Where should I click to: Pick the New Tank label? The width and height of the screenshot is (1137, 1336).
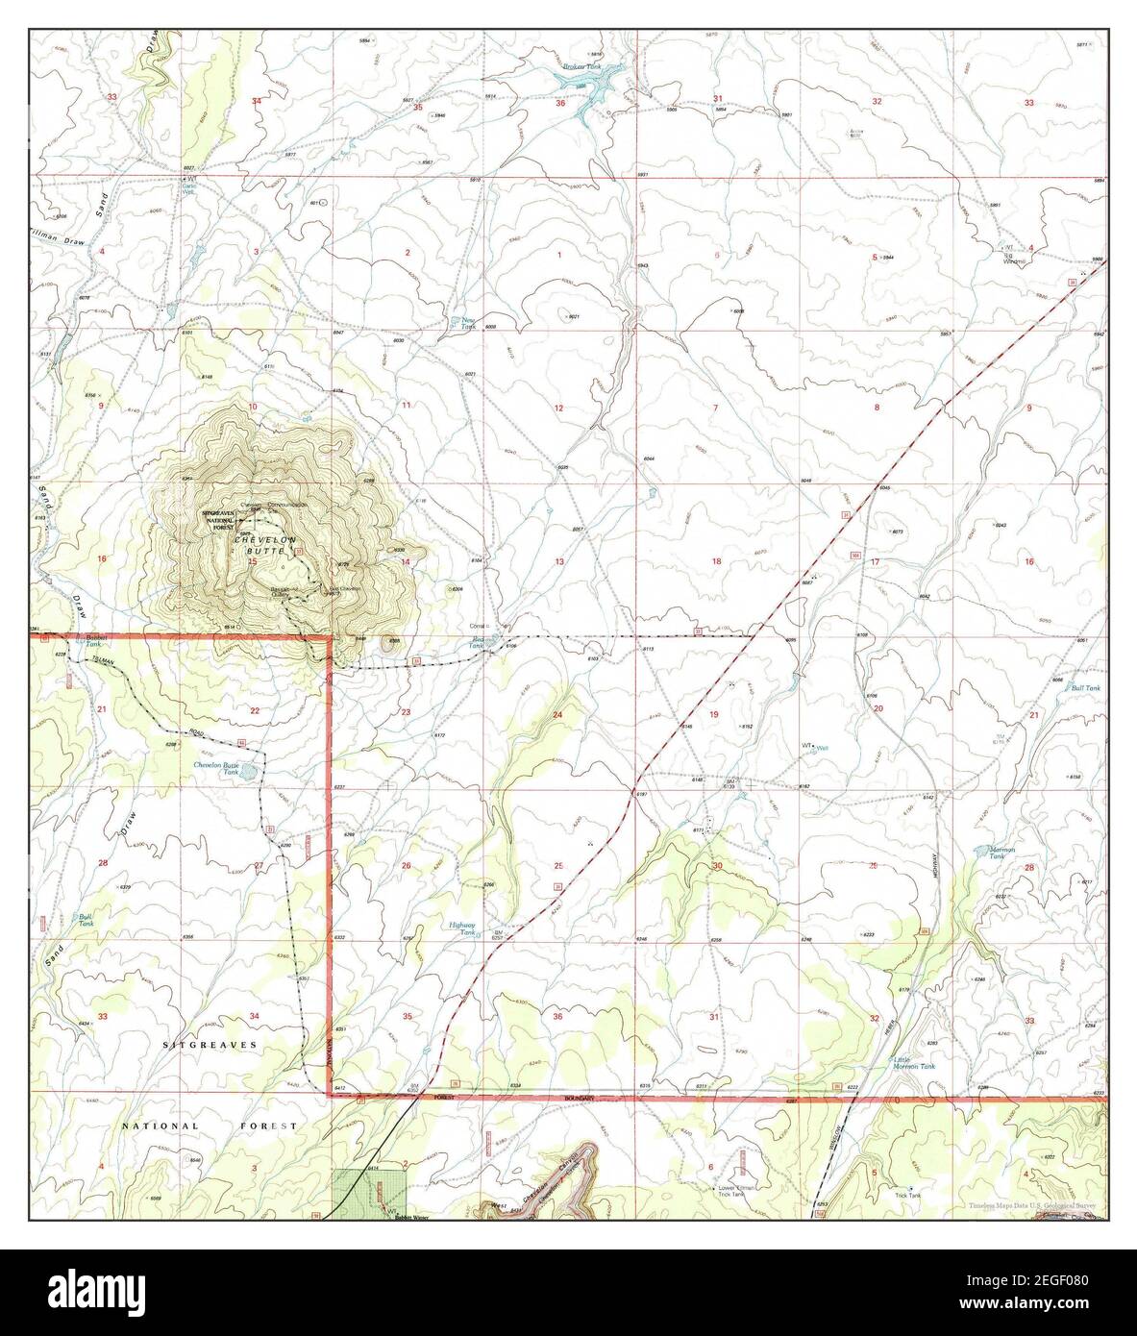coord(469,324)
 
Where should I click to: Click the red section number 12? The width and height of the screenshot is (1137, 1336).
coord(557,408)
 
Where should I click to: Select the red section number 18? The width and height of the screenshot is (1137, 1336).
coord(715,560)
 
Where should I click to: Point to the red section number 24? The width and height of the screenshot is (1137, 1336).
coord(557,715)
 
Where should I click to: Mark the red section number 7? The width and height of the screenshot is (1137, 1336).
coord(715,408)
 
